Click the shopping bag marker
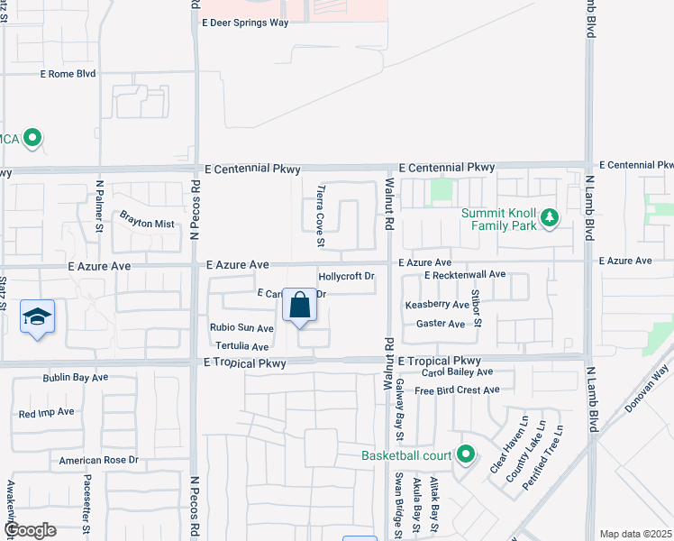pos(300,306)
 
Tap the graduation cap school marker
pos(37,316)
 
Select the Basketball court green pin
pos(465,454)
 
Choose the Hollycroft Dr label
pos(346,276)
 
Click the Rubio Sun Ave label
pos(241,328)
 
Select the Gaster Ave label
pos(441,324)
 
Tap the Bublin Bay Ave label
pos(76,377)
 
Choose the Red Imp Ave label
pos(47,413)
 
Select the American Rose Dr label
pos(99,460)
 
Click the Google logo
pos(30,530)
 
